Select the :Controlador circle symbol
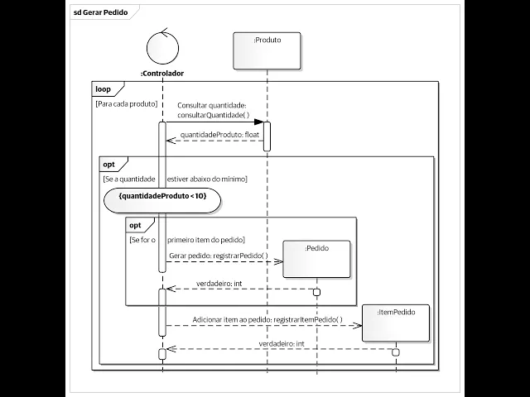tap(162, 46)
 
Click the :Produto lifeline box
tap(267, 51)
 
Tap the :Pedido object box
tap(316, 258)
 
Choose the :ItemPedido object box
tap(395, 323)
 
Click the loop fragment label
tap(104, 88)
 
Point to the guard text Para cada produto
tap(127, 104)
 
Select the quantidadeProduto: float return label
tap(219, 133)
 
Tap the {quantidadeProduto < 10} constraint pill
tap(162, 197)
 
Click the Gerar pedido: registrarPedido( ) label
tap(219, 256)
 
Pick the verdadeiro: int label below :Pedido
tap(219, 284)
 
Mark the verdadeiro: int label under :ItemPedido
tap(282, 343)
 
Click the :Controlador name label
tap(162, 74)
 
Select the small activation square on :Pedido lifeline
tap(316, 292)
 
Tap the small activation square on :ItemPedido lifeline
tap(395, 353)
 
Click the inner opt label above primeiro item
tap(135, 225)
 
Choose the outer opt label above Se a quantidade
tap(109, 164)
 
